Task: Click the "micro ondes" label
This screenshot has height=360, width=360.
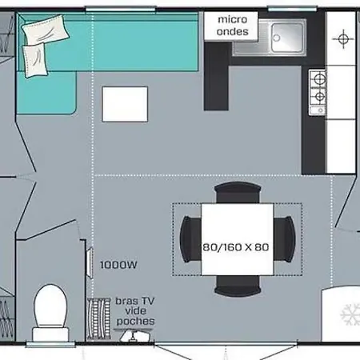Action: [232, 26]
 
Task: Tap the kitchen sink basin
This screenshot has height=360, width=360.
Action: [287, 38]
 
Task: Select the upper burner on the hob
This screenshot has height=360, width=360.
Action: [319, 79]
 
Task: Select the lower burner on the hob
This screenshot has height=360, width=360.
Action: [320, 97]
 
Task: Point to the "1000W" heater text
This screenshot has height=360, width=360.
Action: [118, 265]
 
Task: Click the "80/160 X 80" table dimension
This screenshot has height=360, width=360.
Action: [236, 247]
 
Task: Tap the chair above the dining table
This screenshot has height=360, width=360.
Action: [238, 193]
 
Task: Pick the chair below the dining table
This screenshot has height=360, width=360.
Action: [238, 286]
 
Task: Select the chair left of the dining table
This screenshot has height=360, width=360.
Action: [190, 239]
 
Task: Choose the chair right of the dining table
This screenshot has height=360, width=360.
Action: [285, 239]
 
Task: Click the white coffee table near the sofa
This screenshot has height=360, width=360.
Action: [125, 104]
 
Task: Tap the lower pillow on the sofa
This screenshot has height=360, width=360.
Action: [35, 60]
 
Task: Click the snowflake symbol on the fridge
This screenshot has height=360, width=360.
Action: [350, 314]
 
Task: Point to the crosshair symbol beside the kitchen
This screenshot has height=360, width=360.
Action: [343, 39]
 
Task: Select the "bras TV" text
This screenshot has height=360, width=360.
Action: [134, 301]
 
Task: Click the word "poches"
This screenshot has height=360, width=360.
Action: [135, 322]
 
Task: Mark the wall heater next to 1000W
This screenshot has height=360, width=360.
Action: [90, 263]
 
